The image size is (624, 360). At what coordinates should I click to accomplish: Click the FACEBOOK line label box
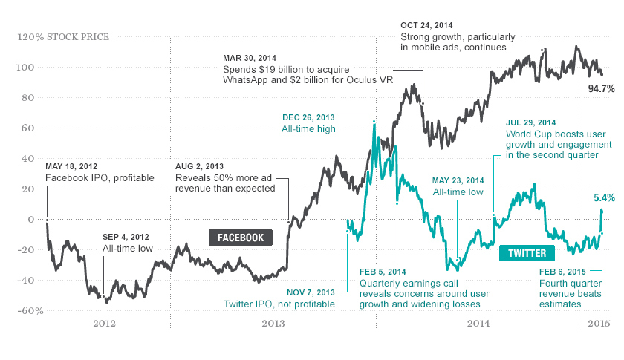240,238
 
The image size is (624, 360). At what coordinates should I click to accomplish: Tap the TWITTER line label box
527,253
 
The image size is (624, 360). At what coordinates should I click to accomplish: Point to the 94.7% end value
601,88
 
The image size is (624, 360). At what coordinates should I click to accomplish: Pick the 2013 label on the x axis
273,324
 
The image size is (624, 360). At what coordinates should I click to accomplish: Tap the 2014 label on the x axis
478,324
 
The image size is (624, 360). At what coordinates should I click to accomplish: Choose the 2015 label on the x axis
599,324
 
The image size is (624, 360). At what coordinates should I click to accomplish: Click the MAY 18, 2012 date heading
71,166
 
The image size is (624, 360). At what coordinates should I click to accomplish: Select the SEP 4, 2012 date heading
127,237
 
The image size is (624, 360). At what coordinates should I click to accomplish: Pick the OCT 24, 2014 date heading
428,24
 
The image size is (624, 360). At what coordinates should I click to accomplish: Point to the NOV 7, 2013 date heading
311,292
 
